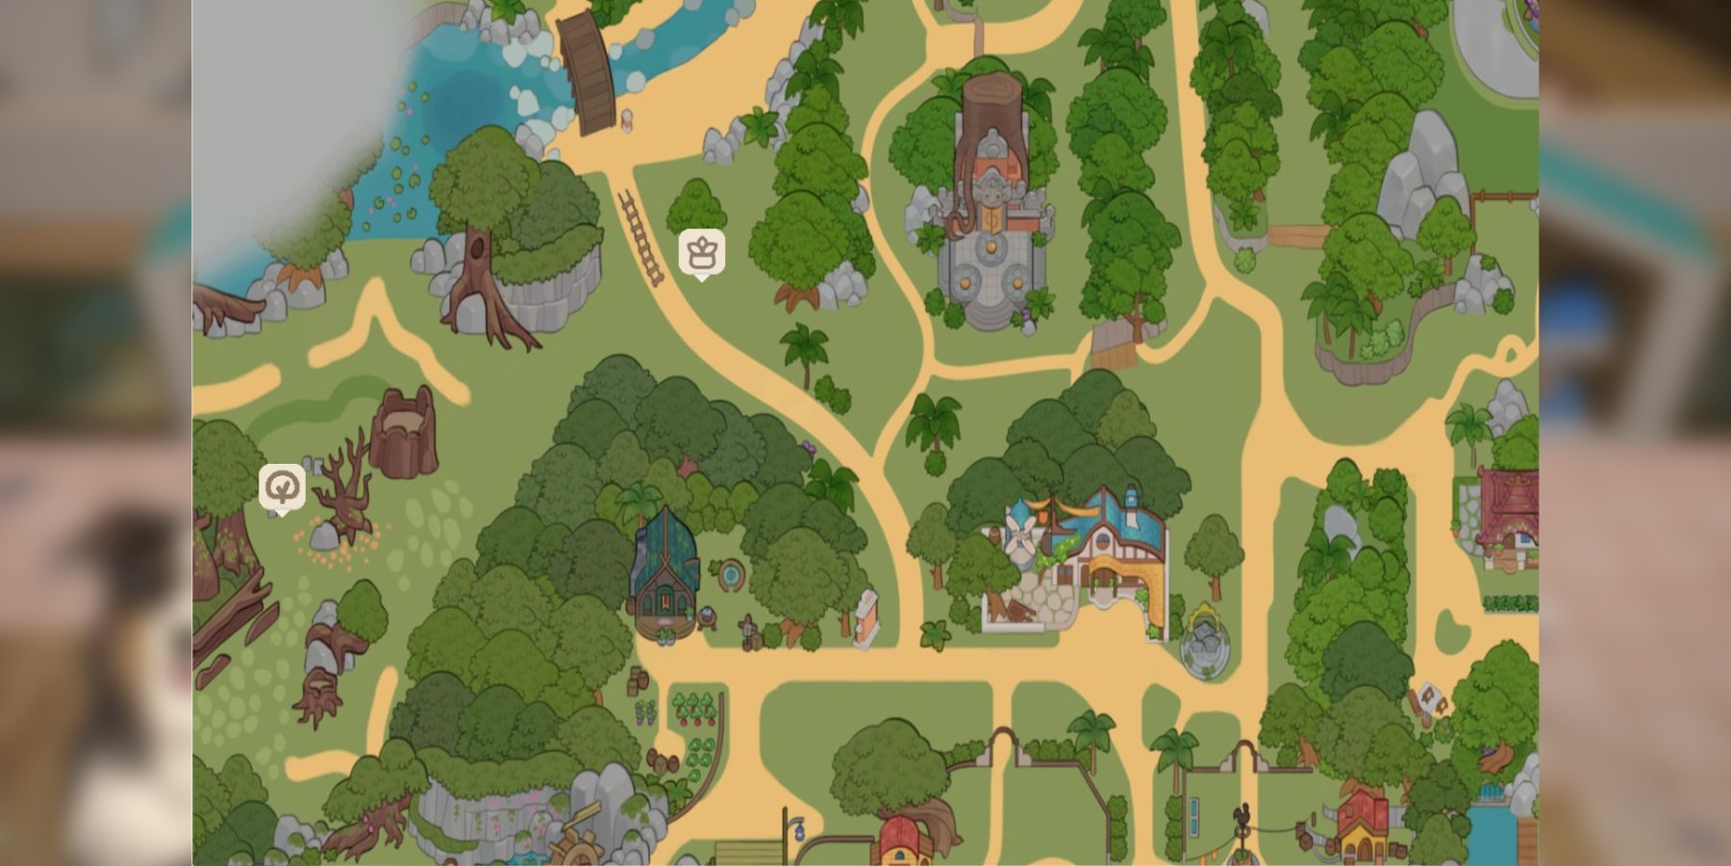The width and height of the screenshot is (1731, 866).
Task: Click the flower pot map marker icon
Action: tap(701, 252)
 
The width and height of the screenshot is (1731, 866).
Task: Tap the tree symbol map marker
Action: tap(282, 488)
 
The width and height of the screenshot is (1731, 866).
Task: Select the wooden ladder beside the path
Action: tap(640, 237)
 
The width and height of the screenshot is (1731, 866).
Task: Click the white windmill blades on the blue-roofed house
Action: tap(1017, 535)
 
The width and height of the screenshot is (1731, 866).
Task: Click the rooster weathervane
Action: tap(1242, 819)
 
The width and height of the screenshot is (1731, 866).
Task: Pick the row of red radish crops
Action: tap(694, 707)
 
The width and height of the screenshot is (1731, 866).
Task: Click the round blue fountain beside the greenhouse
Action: tap(731, 575)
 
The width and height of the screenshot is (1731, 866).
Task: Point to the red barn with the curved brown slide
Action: tap(909, 837)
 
